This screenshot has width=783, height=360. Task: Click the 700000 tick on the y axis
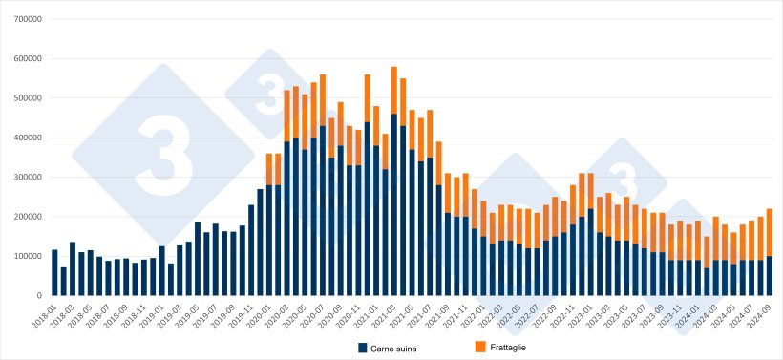pos(26,19)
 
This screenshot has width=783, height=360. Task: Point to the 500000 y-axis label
pos(26,98)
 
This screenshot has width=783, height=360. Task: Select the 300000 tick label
pos(26,178)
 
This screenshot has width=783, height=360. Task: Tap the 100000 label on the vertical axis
pos(26,257)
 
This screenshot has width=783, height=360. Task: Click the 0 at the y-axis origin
pos(38,296)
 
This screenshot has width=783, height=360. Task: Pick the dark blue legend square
pos(363,348)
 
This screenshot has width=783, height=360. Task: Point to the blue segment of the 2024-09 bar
pos(770,276)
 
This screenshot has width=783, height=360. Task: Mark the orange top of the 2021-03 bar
pos(393,90)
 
